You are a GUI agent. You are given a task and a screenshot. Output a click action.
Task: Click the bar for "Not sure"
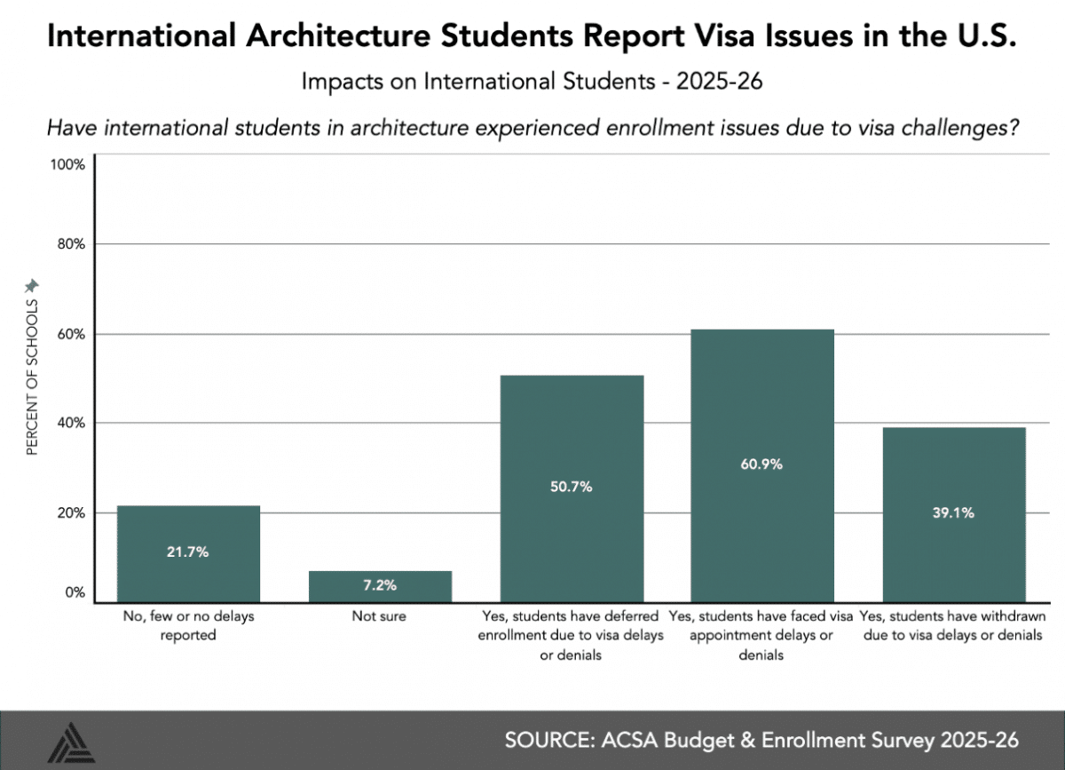click(x=380, y=586)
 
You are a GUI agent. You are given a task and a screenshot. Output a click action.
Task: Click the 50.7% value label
click(x=572, y=487)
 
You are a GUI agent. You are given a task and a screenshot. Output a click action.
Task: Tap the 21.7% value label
click(x=188, y=552)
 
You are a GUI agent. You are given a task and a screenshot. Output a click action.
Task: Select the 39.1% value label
click(x=953, y=512)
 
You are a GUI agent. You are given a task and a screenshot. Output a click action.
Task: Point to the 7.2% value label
click(x=380, y=586)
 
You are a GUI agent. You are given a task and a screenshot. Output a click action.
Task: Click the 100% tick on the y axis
click(x=67, y=165)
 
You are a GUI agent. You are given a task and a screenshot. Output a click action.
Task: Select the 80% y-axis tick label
click(x=69, y=244)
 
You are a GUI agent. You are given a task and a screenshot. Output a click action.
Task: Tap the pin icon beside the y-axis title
click(x=32, y=286)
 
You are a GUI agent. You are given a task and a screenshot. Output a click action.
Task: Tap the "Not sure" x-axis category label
click(x=380, y=615)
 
